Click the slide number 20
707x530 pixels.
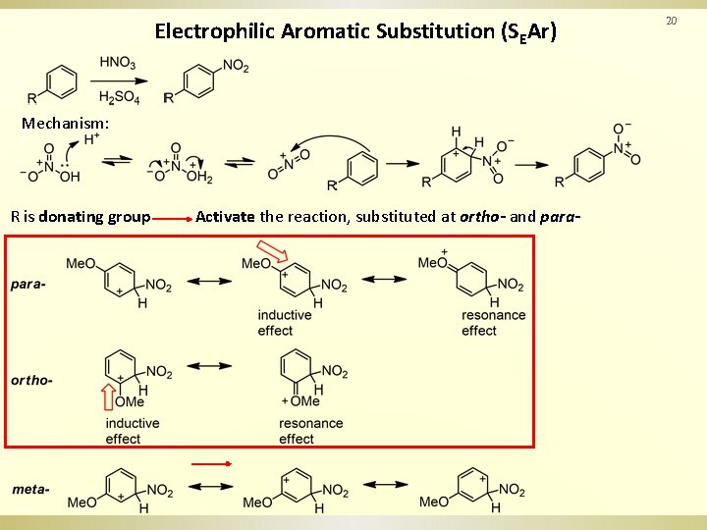pos(672,21)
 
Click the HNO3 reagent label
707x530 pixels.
pos(118,64)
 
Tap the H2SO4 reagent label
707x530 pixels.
pos(120,98)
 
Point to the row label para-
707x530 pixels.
pos(28,285)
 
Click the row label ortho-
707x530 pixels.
pos(32,380)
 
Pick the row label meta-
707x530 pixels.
pos(31,489)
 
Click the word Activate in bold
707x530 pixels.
pos(225,216)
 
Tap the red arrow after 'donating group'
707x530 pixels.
pos(173,217)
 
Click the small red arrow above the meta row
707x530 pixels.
pos(210,463)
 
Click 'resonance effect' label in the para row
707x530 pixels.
pos(493,323)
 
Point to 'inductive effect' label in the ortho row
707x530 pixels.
pos(132,431)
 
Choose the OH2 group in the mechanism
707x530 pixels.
pos(199,177)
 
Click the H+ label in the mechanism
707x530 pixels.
pos(92,139)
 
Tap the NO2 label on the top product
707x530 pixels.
pos(236,66)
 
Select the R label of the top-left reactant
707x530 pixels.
pos(32,98)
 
